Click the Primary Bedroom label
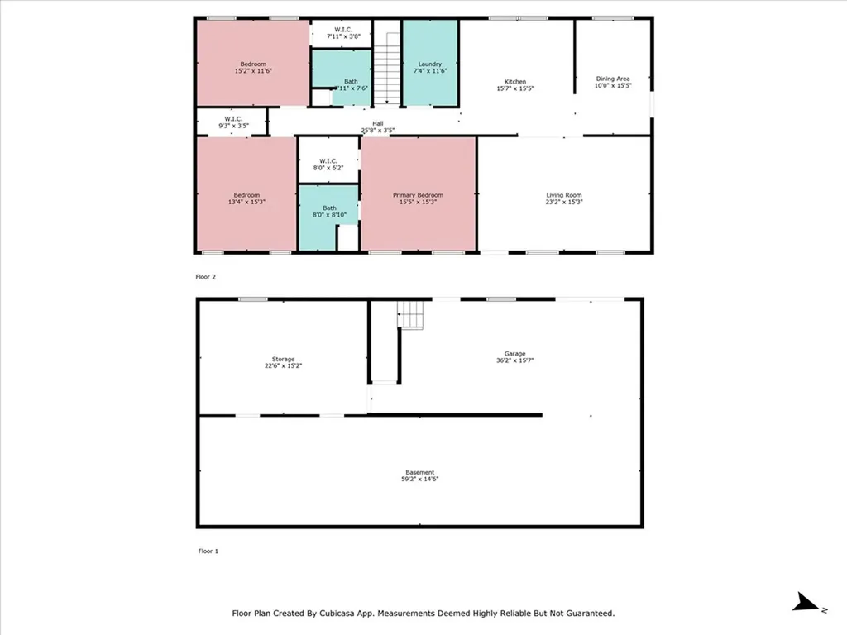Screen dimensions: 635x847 418,195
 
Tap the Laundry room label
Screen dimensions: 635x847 429,64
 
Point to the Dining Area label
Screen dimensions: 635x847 612,79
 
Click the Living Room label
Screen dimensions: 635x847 564,195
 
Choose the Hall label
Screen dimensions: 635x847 377,123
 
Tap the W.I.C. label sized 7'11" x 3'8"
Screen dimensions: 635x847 340,29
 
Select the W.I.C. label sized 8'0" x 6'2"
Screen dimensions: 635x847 328,160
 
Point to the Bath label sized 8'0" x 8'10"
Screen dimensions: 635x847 329,208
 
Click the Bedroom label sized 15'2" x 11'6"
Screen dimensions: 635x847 253,64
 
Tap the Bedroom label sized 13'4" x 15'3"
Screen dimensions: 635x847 246,195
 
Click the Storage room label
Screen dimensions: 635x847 280,359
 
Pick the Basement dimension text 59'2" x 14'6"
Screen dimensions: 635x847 420,479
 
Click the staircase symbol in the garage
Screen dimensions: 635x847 411,314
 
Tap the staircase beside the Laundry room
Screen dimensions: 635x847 385,62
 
